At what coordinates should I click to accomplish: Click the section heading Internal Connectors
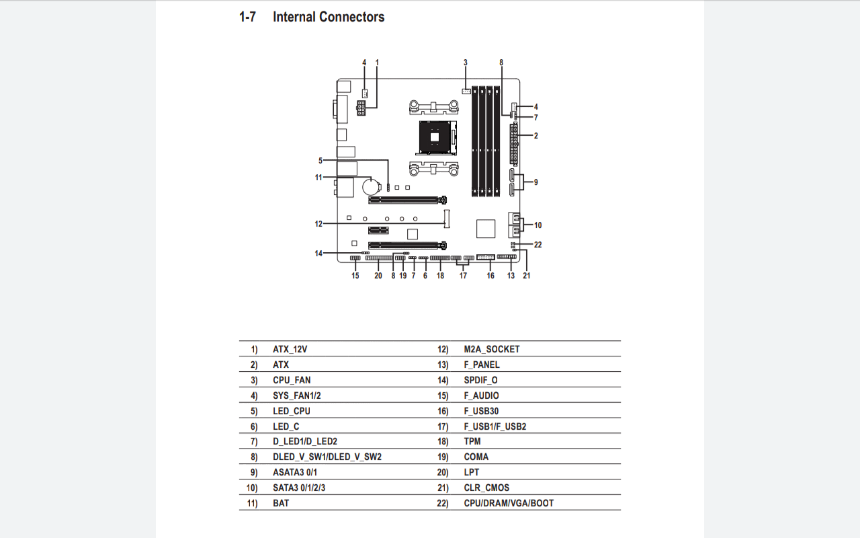pyautogui.click(x=328, y=17)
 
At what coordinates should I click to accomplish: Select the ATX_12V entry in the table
pyautogui.click(x=290, y=349)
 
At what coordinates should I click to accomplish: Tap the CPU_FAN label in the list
pyautogui.click(x=292, y=380)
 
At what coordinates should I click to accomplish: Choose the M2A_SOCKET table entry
pyautogui.click(x=491, y=349)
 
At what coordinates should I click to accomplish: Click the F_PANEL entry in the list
pyautogui.click(x=482, y=364)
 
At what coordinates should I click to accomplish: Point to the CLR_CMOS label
pyautogui.click(x=486, y=488)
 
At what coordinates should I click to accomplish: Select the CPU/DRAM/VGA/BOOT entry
pyautogui.click(x=509, y=503)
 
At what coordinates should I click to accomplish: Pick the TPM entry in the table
pyautogui.click(x=472, y=441)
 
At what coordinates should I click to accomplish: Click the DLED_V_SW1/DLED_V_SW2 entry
pyautogui.click(x=327, y=457)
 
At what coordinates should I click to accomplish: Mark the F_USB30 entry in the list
pyautogui.click(x=481, y=411)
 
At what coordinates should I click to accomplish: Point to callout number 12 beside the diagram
pyautogui.click(x=318, y=224)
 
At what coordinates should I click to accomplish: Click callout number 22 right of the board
pyautogui.click(x=537, y=245)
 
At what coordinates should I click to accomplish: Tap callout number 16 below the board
pyautogui.click(x=490, y=276)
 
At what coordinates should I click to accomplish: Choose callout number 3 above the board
pyautogui.click(x=465, y=63)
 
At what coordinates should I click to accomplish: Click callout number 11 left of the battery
pyautogui.click(x=318, y=178)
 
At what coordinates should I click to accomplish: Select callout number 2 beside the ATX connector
pyautogui.click(x=535, y=136)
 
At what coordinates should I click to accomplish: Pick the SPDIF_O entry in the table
pyautogui.click(x=480, y=380)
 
